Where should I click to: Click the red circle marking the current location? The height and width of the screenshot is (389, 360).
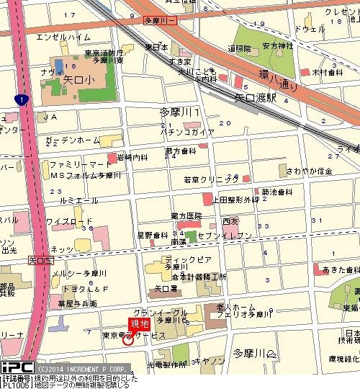128,339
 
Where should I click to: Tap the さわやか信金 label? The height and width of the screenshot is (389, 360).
310,171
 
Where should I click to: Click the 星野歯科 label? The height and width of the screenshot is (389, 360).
152,235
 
